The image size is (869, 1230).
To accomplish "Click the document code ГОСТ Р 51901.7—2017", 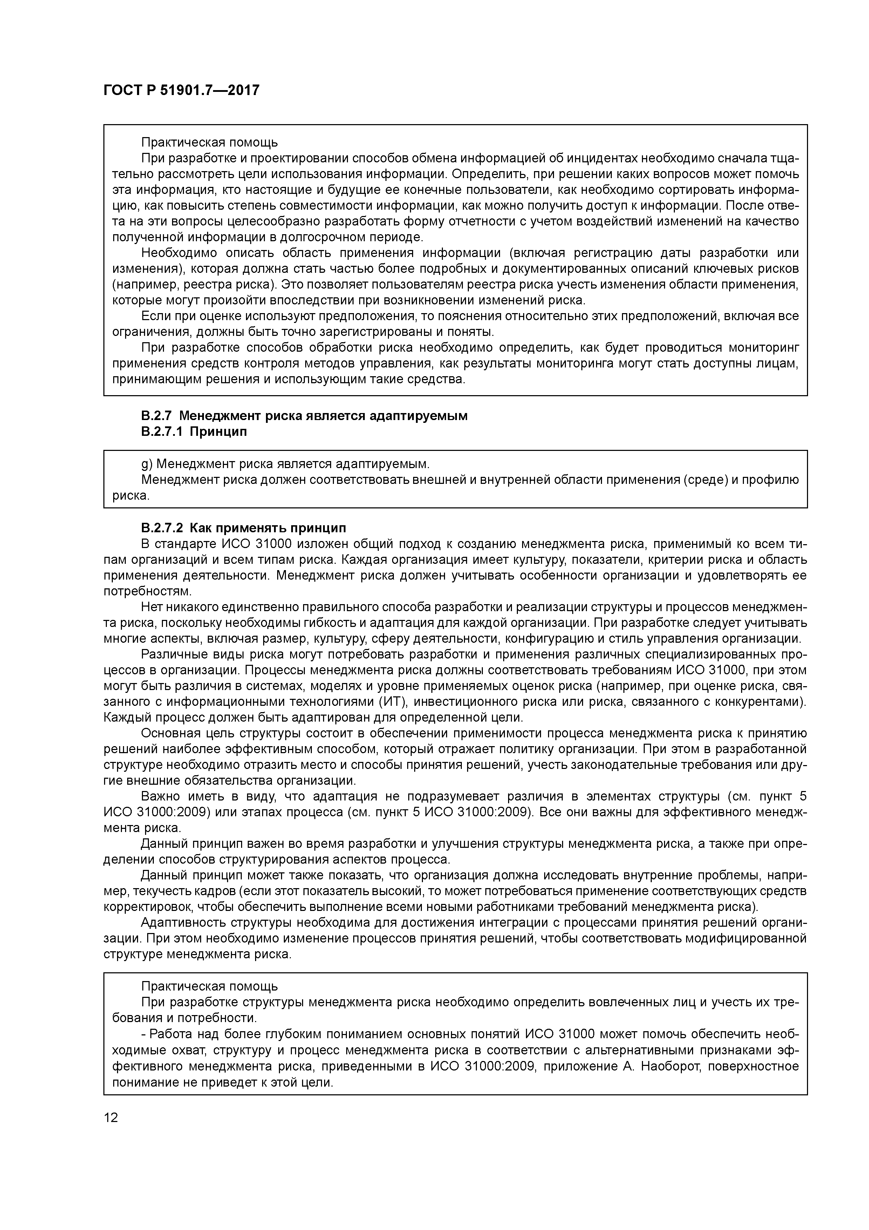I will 181,90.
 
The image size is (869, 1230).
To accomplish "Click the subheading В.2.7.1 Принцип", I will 194,432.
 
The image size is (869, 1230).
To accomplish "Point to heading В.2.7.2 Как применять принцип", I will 244,528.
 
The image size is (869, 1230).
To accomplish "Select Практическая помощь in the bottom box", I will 209,986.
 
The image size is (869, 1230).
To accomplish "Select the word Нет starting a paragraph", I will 151,607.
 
